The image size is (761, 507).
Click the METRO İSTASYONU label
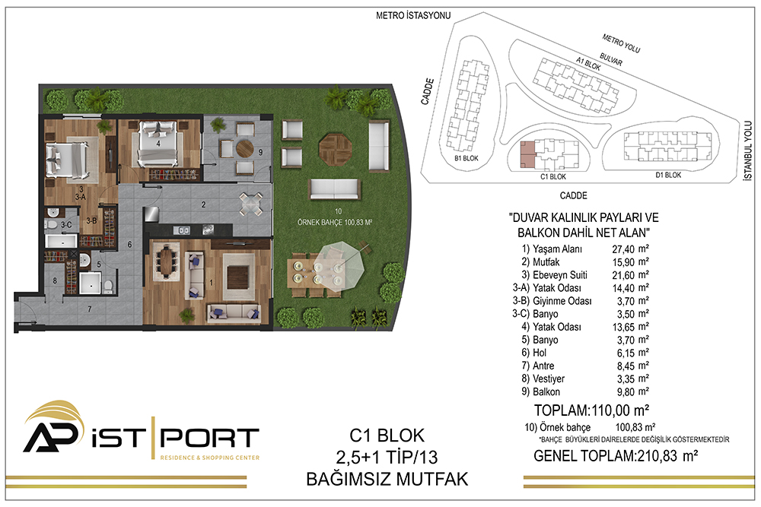click(x=413, y=15)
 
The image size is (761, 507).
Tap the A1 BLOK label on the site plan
click(x=588, y=64)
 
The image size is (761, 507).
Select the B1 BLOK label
click(x=466, y=159)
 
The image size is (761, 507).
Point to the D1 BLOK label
click(x=668, y=175)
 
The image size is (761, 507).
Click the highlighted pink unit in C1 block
click(x=526, y=154)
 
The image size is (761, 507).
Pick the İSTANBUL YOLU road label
click(x=748, y=151)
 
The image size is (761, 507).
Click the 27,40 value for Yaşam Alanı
click(x=623, y=249)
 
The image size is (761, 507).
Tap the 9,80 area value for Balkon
click(x=626, y=391)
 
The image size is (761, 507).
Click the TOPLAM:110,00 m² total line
click(x=591, y=410)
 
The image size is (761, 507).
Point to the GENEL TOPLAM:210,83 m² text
click(x=616, y=455)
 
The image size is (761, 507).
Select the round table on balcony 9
click(x=244, y=148)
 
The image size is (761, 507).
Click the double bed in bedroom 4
click(x=157, y=144)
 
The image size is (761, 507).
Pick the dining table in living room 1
click(x=166, y=261)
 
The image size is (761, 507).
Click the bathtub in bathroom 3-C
click(x=61, y=241)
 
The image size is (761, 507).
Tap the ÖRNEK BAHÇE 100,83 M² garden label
click(x=334, y=223)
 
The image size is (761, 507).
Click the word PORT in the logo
click(x=209, y=438)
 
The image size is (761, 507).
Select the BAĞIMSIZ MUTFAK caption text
click(x=387, y=480)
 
